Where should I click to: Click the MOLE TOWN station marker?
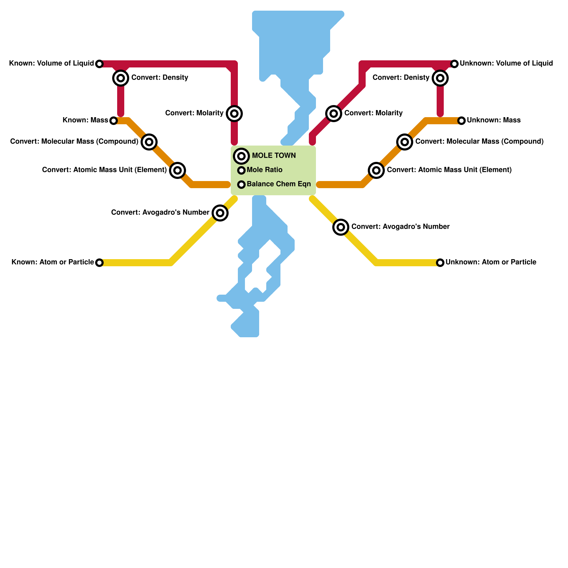(x=241, y=156)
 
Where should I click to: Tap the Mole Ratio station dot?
(x=241, y=170)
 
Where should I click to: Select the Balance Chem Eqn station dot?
(x=241, y=185)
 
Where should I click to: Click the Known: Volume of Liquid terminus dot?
(x=99, y=64)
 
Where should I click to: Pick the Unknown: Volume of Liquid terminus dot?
(x=454, y=64)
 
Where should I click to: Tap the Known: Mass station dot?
(x=113, y=121)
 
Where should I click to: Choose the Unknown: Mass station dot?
(x=461, y=121)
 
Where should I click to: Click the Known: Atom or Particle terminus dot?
(x=99, y=263)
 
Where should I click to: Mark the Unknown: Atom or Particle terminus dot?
(x=440, y=263)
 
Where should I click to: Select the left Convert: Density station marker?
(x=121, y=78)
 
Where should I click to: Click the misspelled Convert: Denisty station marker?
(x=440, y=78)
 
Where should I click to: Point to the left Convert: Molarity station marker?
(x=234, y=114)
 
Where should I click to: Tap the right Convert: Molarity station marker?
(x=334, y=114)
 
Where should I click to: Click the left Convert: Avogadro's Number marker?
(x=220, y=213)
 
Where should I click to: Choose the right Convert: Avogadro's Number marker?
(x=341, y=227)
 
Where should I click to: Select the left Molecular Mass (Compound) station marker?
(x=149, y=142)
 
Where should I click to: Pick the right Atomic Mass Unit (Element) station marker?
(x=376, y=170)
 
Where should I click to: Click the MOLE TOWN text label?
(x=274, y=156)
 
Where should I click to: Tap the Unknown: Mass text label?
(x=493, y=120)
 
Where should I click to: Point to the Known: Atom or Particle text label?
(x=53, y=262)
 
